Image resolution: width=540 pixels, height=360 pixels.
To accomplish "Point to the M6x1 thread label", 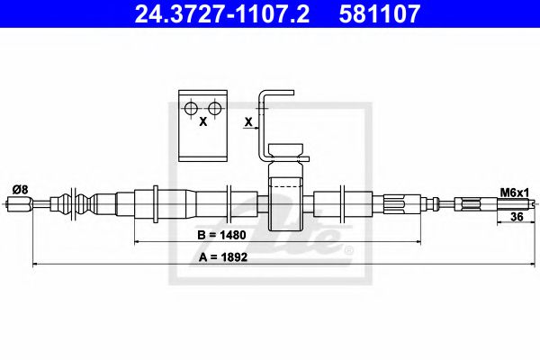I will pyautogui.click(x=513, y=191).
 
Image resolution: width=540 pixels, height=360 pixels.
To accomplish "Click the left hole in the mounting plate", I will pyautogui.click(x=190, y=109).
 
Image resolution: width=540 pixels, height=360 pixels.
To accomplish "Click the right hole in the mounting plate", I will pyautogui.click(x=214, y=109).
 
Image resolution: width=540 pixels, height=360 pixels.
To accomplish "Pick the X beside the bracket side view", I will pyautogui.click(x=247, y=121).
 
